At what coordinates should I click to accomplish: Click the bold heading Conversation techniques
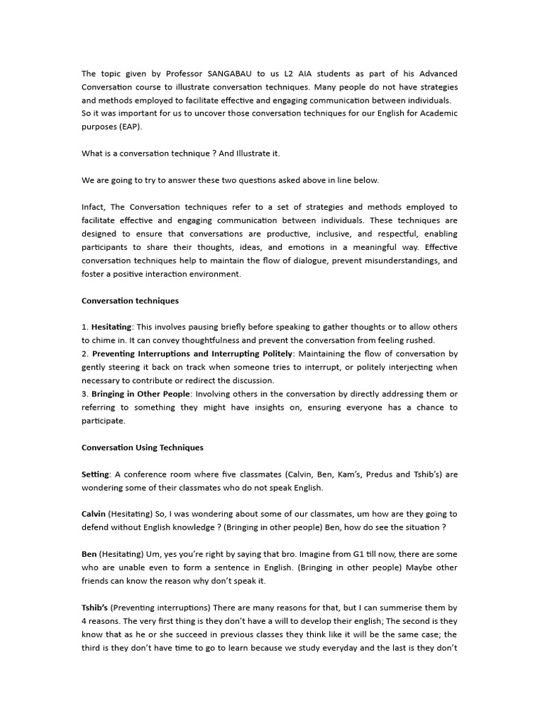click(x=130, y=301)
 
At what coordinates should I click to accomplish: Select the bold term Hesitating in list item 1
click(x=112, y=327)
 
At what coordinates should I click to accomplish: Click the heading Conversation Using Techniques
click(x=142, y=448)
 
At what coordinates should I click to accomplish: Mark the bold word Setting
click(x=96, y=475)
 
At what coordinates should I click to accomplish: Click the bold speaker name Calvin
click(x=94, y=515)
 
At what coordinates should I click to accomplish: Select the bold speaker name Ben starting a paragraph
click(x=89, y=555)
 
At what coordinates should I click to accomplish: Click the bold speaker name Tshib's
click(x=95, y=608)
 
